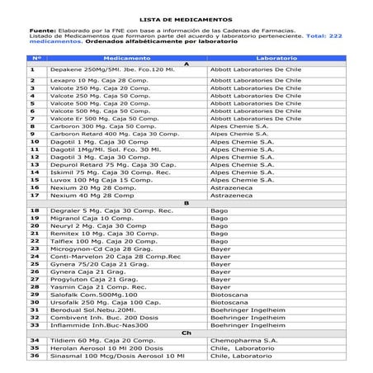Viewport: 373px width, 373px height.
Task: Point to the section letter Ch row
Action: click(186, 333)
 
